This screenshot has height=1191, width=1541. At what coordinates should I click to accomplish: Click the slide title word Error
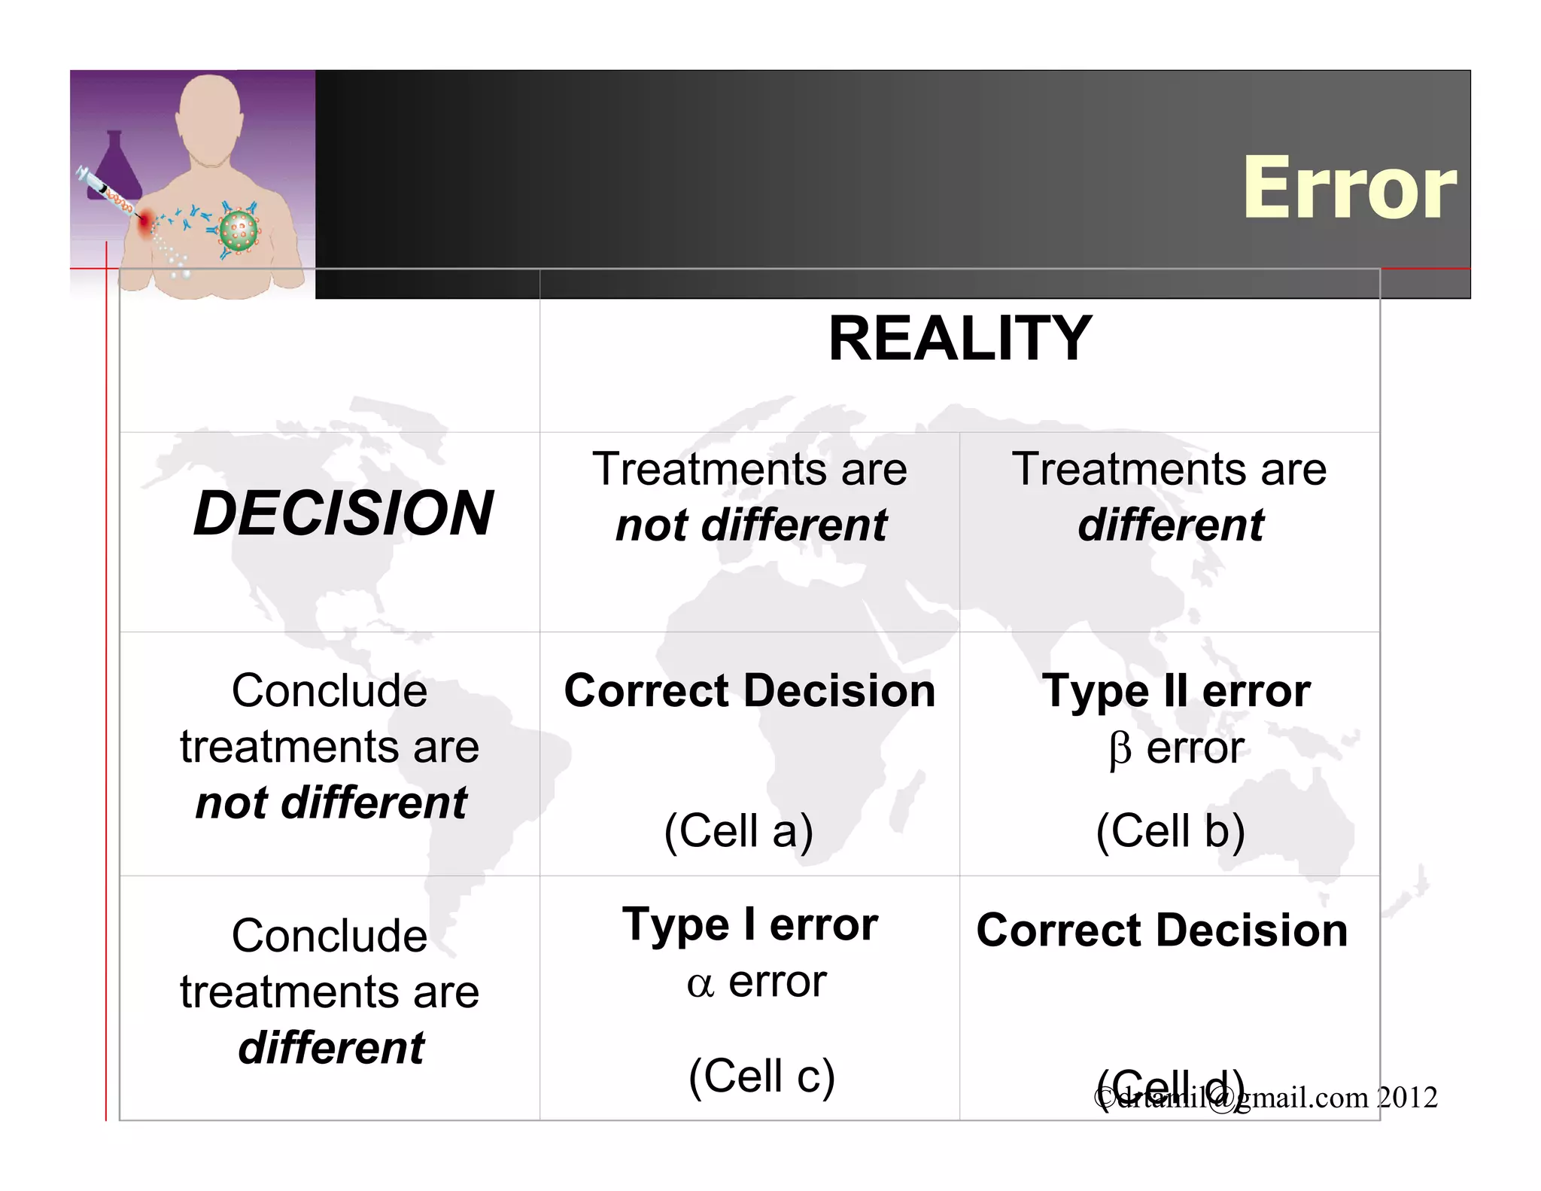(x=1349, y=188)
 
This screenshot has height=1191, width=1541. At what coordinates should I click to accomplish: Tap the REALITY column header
(x=959, y=339)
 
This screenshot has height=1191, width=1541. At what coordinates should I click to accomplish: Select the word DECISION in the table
(x=343, y=513)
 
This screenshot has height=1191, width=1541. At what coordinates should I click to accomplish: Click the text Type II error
(x=1176, y=691)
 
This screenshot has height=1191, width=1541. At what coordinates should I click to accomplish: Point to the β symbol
(x=1120, y=750)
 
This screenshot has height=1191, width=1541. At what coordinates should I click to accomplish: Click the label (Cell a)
(x=738, y=831)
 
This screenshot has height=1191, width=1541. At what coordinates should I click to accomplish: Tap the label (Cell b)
(x=1170, y=831)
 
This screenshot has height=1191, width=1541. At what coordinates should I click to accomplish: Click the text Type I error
(x=750, y=924)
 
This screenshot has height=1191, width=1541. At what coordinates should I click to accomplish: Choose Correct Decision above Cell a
(x=749, y=691)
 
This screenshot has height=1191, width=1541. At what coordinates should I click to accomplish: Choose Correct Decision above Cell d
(x=1162, y=931)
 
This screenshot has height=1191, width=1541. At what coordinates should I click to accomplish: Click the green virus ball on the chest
(x=239, y=231)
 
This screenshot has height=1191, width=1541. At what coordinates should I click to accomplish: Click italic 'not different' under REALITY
(x=751, y=525)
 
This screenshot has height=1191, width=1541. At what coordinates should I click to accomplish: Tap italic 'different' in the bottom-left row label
(x=331, y=1048)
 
